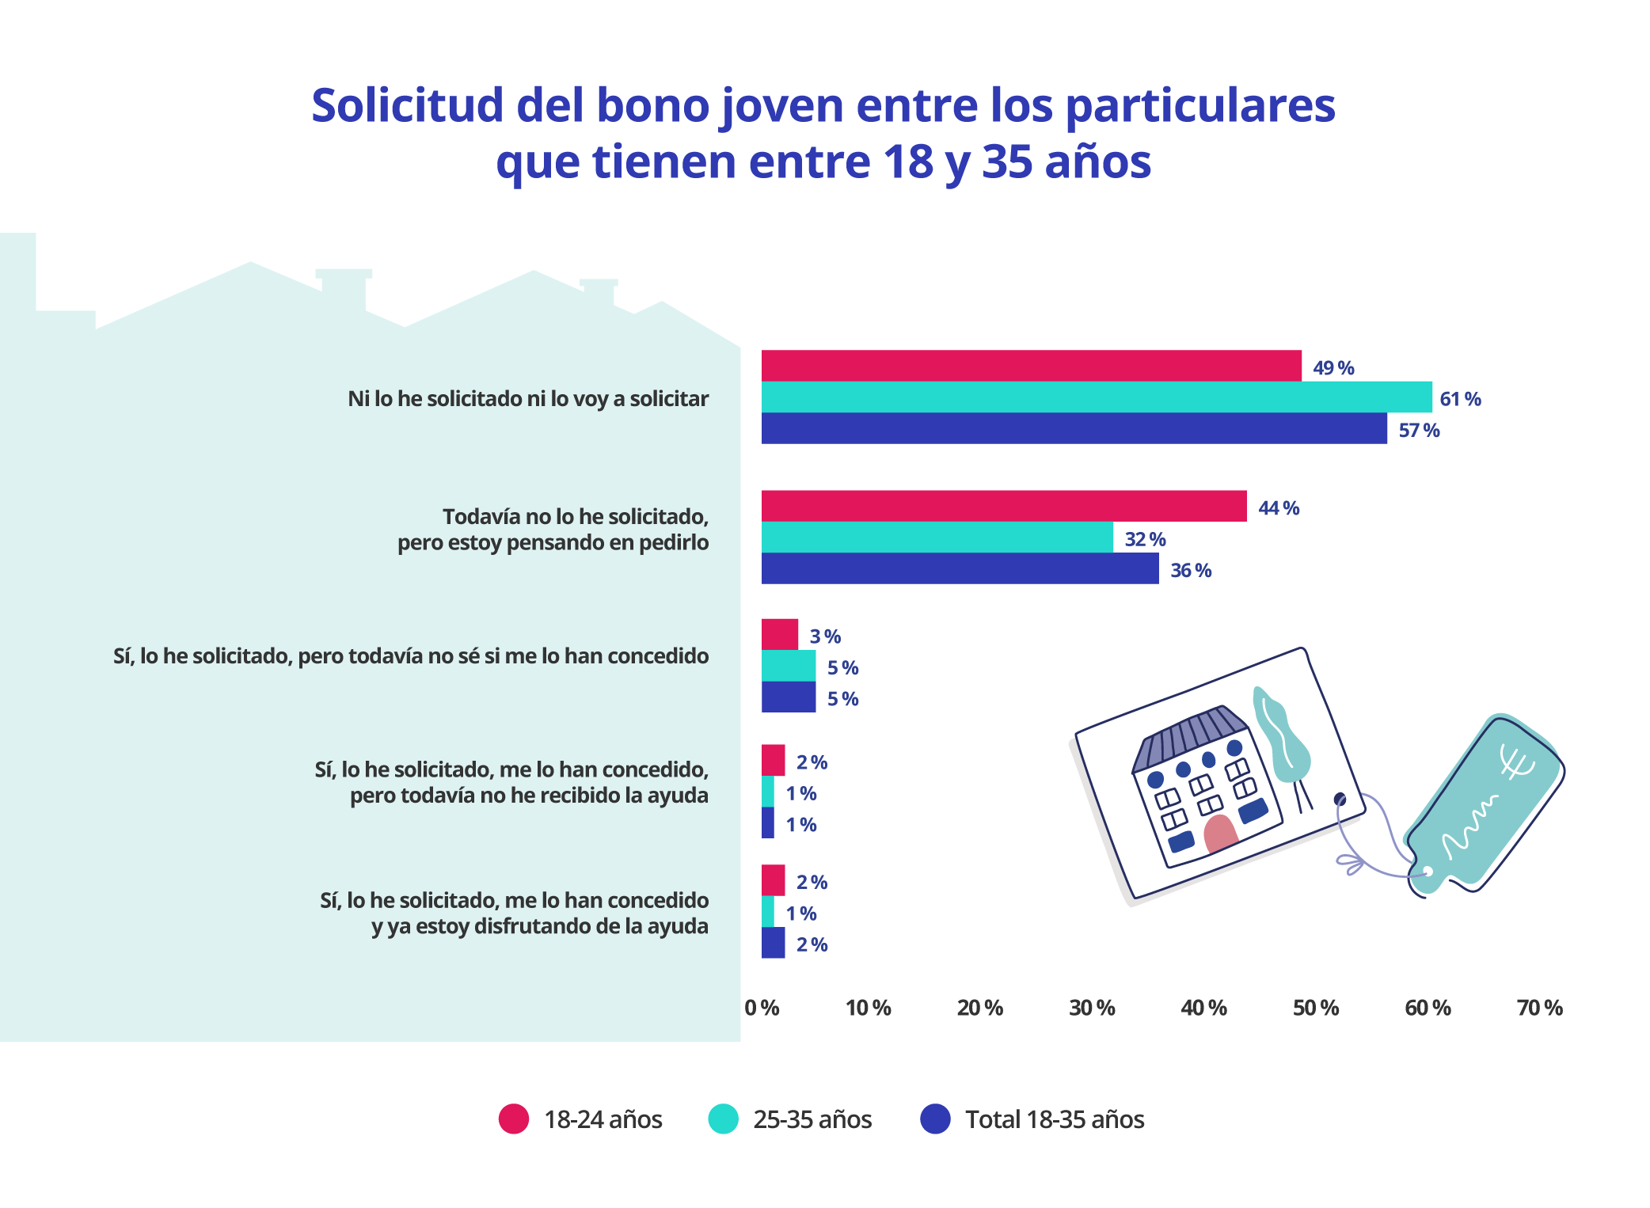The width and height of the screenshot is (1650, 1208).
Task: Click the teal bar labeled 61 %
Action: click(1096, 397)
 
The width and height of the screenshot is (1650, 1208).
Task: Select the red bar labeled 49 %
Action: click(1031, 366)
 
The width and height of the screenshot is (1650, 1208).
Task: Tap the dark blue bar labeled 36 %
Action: click(960, 568)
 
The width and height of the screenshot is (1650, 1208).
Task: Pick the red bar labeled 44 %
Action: click(1003, 506)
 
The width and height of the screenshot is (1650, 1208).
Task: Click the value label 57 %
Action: click(1418, 431)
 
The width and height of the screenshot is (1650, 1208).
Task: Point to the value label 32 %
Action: click(1145, 539)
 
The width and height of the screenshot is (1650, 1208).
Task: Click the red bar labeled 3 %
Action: click(779, 634)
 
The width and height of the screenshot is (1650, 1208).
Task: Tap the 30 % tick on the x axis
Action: click(1092, 1008)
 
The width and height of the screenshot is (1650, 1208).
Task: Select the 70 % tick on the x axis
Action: click(1539, 1008)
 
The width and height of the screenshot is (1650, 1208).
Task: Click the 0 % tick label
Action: click(762, 1008)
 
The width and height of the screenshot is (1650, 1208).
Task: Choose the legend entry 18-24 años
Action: click(602, 1119)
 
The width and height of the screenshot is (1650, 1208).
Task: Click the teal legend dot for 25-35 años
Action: click(723, 1119)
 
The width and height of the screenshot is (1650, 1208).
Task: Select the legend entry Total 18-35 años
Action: click(1054, 1119)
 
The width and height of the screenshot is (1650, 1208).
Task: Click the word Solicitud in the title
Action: click(407, 105)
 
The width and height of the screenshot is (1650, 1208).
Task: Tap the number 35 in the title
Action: click(1006, 161)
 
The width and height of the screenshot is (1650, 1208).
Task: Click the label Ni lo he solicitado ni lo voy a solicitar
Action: click(528, 398)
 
